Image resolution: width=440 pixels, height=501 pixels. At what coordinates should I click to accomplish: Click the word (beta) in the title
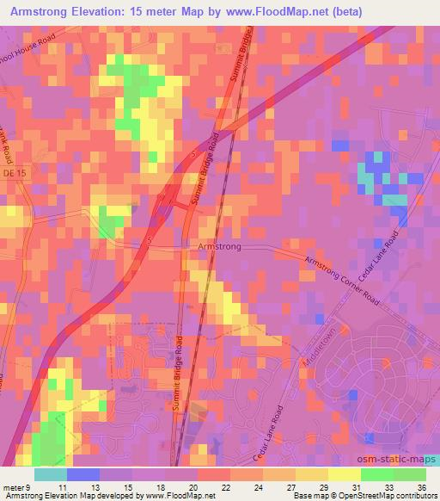345,12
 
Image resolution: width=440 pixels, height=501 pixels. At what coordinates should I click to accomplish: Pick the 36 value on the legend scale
421,488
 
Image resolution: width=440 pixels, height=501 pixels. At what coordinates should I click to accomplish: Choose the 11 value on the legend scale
60,488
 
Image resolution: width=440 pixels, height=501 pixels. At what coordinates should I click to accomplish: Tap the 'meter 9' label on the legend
17,488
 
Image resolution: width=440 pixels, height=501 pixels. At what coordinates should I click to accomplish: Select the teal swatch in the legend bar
50,474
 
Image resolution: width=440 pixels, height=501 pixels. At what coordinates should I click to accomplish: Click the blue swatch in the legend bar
82,474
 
